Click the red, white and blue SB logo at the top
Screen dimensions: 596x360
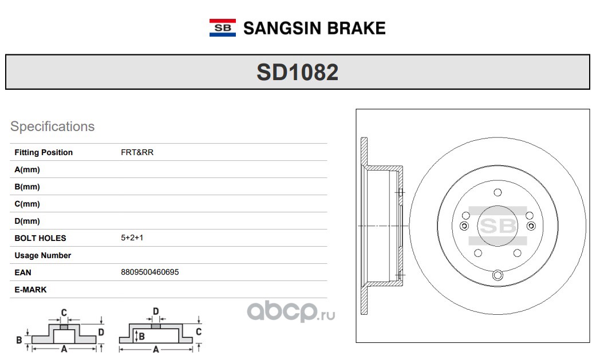pos(222,27)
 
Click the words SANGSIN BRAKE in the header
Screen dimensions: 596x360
pos(314,28)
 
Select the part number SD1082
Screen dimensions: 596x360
pos(298,72)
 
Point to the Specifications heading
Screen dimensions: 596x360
pos(53,126)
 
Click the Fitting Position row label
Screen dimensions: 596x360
pos(44,152)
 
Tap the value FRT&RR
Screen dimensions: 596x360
pos(137,152)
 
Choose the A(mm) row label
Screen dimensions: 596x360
pos(27,169)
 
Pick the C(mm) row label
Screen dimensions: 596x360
pos(27,204)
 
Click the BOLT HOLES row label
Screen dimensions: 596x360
pos(40,238)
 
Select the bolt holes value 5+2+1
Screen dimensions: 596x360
pos(132,238)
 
